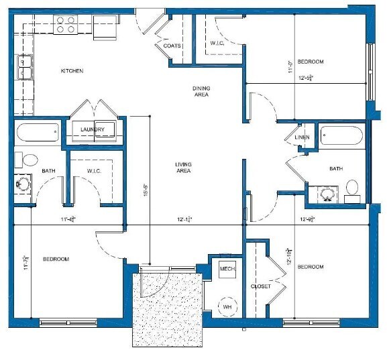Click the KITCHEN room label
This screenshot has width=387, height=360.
click(72, 71)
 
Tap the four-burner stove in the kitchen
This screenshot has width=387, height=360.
click(66, 25)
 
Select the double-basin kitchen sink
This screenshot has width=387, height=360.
click(26, 68)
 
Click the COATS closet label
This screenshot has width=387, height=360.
click(171, 46)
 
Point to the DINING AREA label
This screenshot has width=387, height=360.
click(201, 91)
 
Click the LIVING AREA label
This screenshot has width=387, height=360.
click(183, 168)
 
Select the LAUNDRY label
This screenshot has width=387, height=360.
click(92, 129)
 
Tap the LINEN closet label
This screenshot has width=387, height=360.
click(301, 137)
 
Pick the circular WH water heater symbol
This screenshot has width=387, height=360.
click(227, 306)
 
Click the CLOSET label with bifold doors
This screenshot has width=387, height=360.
click(261, 286)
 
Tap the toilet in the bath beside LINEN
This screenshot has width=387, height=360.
click(353, 188)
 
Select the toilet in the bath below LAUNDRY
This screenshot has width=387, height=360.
click(30, 160)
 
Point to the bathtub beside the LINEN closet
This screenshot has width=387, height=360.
click(341, 136)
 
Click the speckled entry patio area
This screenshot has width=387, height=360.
click(168, 308)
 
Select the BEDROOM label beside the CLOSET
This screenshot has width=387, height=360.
click(311, 267)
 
